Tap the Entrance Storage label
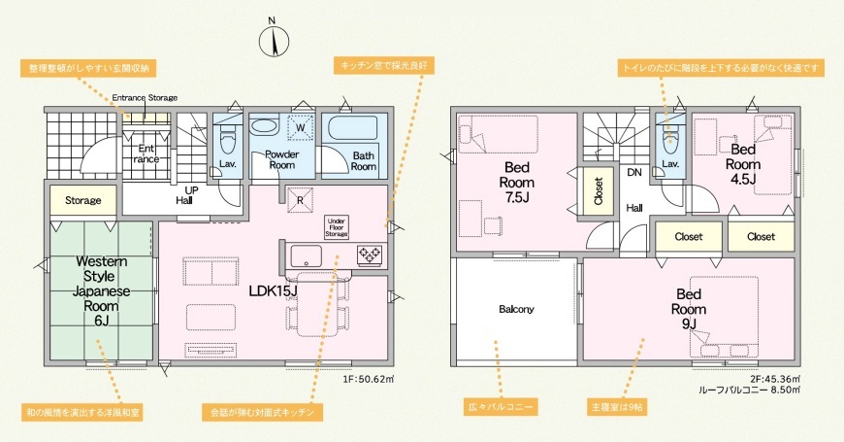point(145,97)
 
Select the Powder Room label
point(281,159)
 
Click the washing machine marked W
point(301,128)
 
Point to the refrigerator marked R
point(301,199)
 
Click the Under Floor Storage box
point(337,227)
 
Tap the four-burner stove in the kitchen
point(370,255)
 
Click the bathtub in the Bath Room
point(354,128)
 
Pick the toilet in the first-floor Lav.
point(227,143)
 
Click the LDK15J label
point(274,291)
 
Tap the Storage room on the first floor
point(82,200)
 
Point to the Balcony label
point(516,309)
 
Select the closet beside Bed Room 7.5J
point(598,192)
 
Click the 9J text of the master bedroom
point(689,323)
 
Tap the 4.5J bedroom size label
point(743,180)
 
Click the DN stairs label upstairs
point(634,173)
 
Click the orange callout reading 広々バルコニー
point(501,407)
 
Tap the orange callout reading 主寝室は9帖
point(617,407)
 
